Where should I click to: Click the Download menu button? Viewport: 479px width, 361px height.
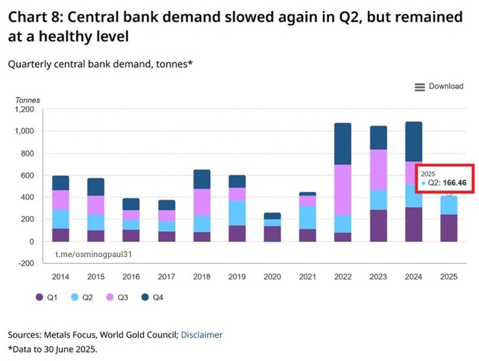pyautogui.click(x=439, y=87)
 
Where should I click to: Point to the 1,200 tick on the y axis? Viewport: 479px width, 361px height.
pyautogui.click(x=24, y=109)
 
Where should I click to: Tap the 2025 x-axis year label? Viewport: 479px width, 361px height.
pyautogui.click(x=449, y=278)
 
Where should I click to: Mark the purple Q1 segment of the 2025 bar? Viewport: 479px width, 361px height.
pyautogui.click(x=449, y=228)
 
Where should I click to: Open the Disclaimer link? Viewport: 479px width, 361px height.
pyautogui.click(x=202, y=335)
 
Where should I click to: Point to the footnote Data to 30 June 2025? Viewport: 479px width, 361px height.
pyautogui.click(x=53, y=349)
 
